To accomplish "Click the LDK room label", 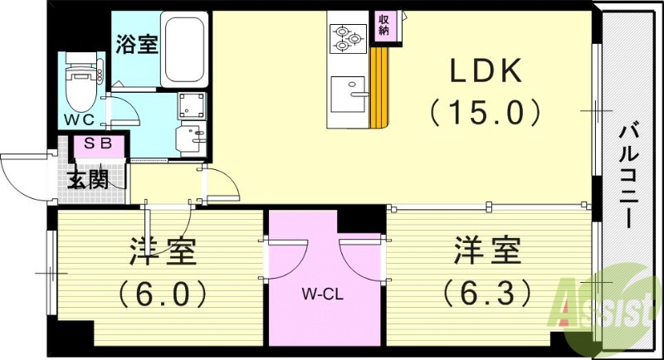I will tap(486, 73).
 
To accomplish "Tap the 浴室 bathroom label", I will tap(137, 44).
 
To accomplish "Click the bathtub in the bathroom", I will tap(183, 40).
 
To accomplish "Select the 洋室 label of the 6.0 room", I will tap(163, 251).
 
